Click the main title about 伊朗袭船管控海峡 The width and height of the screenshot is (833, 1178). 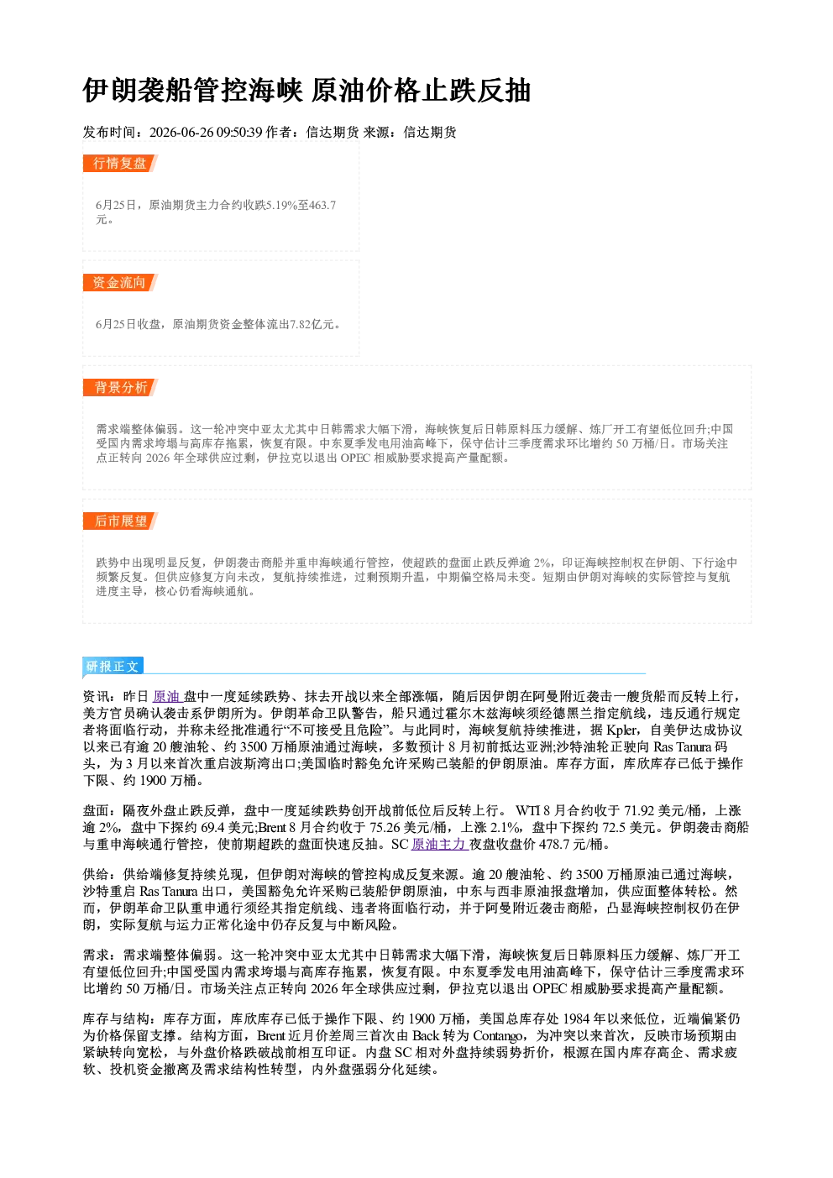[306, 91]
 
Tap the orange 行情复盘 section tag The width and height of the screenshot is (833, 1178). [120, 163]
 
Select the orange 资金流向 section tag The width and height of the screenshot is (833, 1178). [120, 282]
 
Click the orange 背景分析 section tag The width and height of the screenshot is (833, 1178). [120, 388]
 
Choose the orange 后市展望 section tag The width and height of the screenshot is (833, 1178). [120, 521]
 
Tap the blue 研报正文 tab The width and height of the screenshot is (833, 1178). [113, 667]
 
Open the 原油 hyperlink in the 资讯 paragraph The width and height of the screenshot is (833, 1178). [167, 697]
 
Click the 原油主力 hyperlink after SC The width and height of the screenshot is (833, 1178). [438, 845]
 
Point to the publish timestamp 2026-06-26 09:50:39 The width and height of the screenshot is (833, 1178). [206, 132]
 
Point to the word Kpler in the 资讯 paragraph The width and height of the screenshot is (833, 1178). [622, 730]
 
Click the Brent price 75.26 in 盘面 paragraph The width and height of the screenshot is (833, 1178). [385, 828]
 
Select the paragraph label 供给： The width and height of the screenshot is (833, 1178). [102, 875]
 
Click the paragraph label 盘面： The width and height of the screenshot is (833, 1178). [102, 811]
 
